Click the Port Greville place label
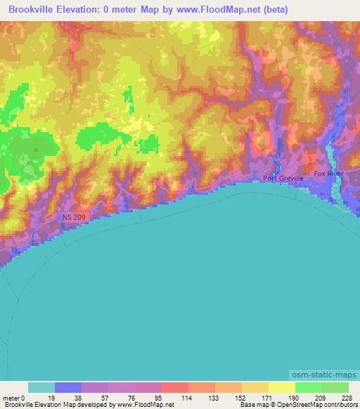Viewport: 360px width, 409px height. point(283,178)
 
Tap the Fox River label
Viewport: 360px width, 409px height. point(328,173)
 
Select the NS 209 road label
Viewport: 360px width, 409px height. point(73,218)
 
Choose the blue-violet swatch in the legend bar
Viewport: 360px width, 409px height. point(68,387)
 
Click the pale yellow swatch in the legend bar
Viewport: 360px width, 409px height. point(281,387)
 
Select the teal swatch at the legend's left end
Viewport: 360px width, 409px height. point(41,387)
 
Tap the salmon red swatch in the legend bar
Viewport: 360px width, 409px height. point(175,387)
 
